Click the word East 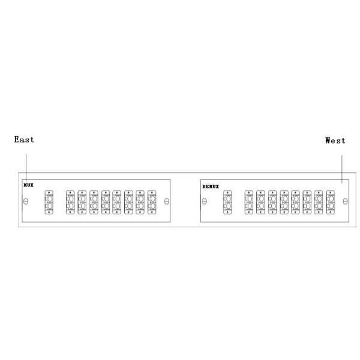pos(24,139)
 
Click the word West pos(335,140)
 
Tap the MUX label pos(28,185)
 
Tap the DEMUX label pos(211,187)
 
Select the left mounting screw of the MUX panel pos(26,202)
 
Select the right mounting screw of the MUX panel pos(167,202)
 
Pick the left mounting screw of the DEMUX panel pos(205,202)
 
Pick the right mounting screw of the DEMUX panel pos(345,202)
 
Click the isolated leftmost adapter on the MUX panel pos(49,202)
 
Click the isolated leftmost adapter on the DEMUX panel pos(227,202)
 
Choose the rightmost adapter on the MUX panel pos(152,202)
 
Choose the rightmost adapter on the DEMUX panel pos(331,202)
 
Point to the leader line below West pos(342,169)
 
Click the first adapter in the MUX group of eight pos(70,202)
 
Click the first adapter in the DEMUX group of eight pos(249,202)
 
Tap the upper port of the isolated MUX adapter pos(49,199)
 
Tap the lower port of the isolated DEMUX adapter pos(228,206)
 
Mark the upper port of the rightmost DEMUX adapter pos(331,199)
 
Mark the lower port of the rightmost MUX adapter pos(152,206)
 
